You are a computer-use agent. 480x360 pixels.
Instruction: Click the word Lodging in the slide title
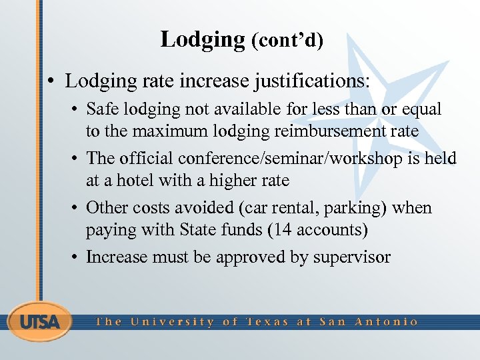coord(203,39)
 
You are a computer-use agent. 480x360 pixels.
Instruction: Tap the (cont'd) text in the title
coord(287,41)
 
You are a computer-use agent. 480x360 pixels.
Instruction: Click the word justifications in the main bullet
coord(311,82)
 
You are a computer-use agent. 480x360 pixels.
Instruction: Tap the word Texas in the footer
coord(267,321)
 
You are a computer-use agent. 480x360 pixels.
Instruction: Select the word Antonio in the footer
coord(387,321)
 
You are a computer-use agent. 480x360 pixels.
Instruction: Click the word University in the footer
coord(172,321)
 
